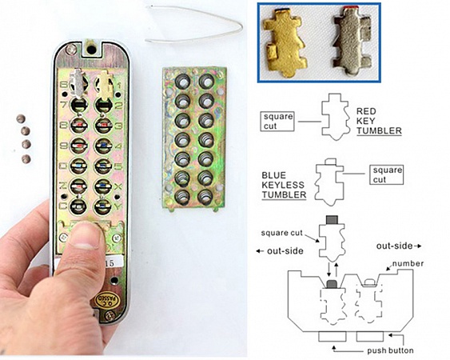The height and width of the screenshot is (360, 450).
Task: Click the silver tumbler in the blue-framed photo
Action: pyautogui.click(x=352, y=40)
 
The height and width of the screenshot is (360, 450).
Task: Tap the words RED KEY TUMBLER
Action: pyautogui.click(x=379, y=121)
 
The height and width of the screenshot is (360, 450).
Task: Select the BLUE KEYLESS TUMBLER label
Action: pyautogui.click(x=284, y=185)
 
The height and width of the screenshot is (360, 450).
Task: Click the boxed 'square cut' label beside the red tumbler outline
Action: pyautogui.click(x=277, y=122)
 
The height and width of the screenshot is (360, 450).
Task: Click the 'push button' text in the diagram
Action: pyautogui.click(x=390, y=350)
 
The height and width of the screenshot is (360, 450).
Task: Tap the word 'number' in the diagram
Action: pyautogui.click(x=408, y=263)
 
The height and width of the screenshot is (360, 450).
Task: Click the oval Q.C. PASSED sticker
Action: pyautogui.click(x=106, y=300)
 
